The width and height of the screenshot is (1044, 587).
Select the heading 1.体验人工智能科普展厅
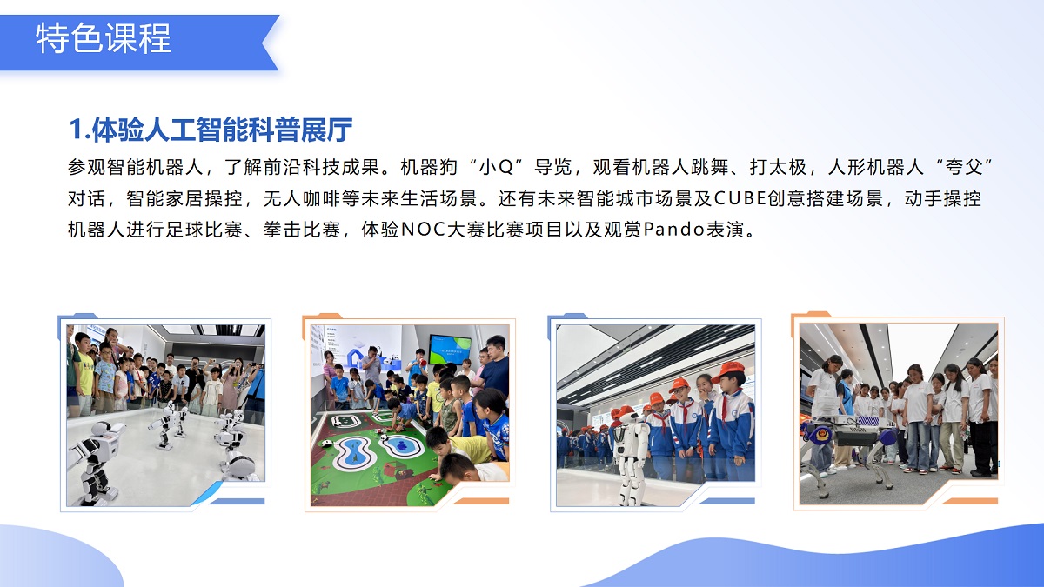click(211, 130)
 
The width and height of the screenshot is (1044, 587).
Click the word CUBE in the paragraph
click(739, 198)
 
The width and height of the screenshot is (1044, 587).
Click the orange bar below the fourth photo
click(969, 501)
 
